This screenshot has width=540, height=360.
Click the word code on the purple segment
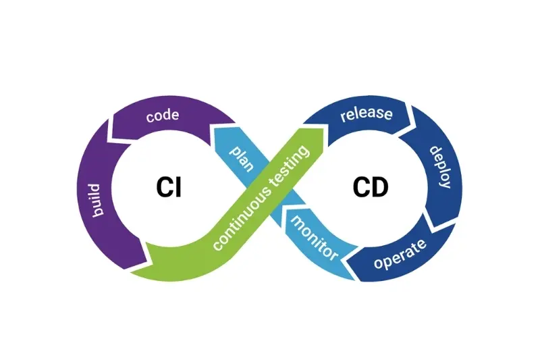162,115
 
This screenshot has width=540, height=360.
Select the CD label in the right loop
371,186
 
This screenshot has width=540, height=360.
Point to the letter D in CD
380,186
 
